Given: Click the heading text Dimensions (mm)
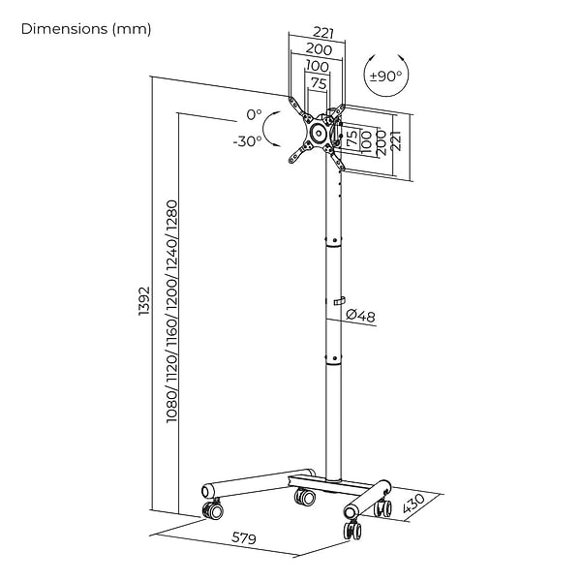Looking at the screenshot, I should (x=86, y=29).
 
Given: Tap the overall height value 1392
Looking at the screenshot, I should (x=144, y=302).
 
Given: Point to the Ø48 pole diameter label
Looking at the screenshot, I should (x=361, y=316).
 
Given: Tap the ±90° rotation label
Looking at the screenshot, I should (x=386, y=75).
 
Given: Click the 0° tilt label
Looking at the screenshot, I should (x=254, y=114).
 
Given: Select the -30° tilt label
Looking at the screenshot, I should (x=248, y=140).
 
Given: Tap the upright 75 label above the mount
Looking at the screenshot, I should (x=318, y=84).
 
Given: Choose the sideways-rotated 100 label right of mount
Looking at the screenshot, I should (x=366, y=140).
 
